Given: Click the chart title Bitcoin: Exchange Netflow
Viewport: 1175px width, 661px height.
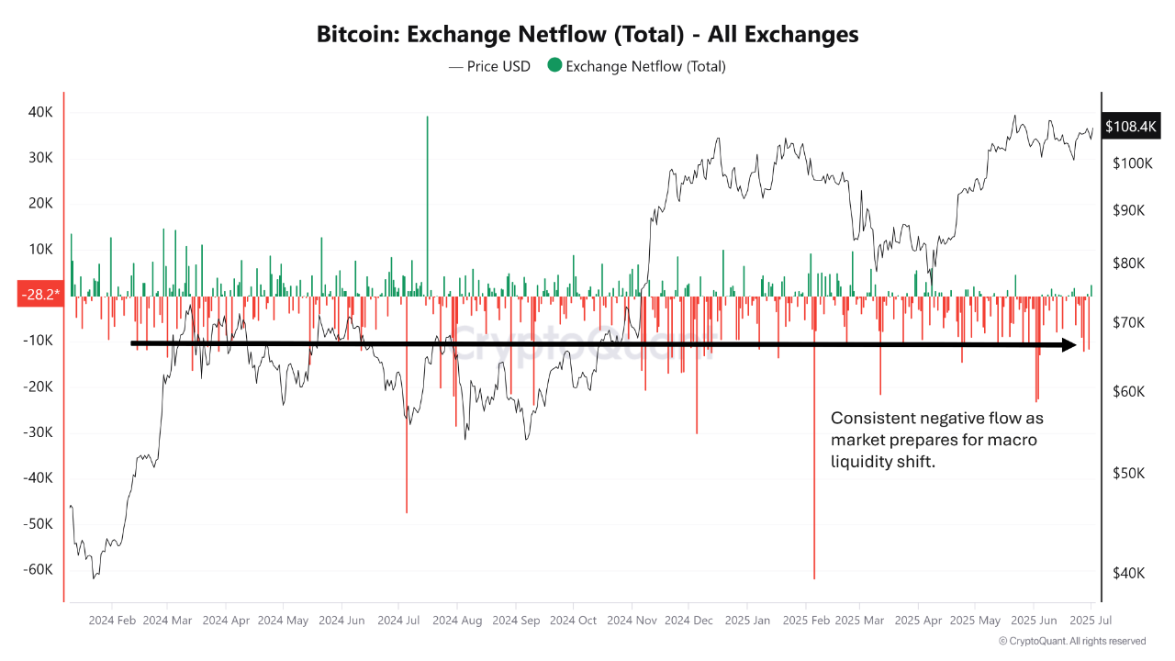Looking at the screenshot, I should pyautogui.click(x=587, y=34).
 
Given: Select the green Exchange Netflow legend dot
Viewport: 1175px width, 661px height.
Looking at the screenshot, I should pyautogui.click(x=554, y=66).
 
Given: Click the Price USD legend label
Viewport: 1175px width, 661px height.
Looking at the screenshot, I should pyautogui.click(x=498, y=66).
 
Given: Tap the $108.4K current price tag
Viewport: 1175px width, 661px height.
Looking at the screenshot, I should pyautogui.click(x=1131, y=127).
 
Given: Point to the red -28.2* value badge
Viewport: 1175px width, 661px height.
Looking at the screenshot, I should pyautogui.click(x=40, y=294).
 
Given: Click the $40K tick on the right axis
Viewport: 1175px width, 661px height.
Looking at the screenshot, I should pyautogui.click(x=1127, y=573).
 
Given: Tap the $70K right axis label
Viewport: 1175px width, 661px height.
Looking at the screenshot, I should pyautogui.click(x=1127, y=323).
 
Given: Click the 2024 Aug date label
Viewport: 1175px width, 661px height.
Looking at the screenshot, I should pyautogui.click(x=458, y=620).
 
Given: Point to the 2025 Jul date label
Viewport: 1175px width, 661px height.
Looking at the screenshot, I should pyautogui.click(x=1090, y=620).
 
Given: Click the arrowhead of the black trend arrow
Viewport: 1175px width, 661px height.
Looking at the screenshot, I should pyautogui.click(x=1069, y=345).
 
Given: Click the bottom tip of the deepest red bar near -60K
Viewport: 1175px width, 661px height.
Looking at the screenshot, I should pyautogui.click(x=814, y=577).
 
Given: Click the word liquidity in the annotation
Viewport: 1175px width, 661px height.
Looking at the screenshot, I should pyautogui.click(x=864, y=462).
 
